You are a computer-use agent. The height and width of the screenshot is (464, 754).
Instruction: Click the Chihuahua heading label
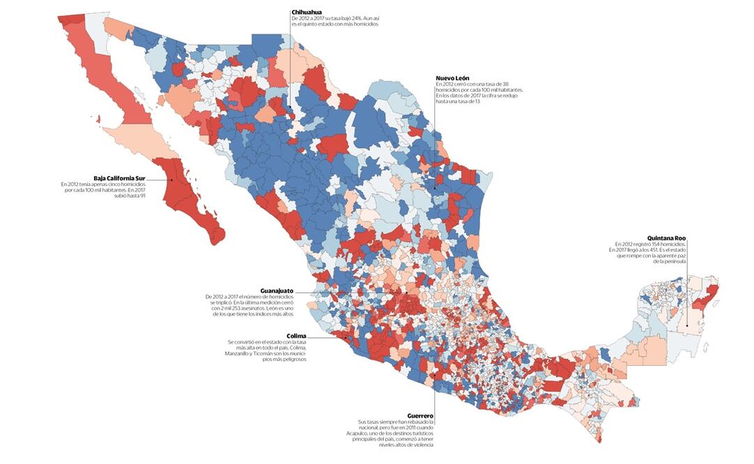tap(307, 12)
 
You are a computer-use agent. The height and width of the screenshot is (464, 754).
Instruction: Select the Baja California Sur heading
tap(119, 178)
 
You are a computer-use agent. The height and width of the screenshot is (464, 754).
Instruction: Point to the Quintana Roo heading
tap(666, 238)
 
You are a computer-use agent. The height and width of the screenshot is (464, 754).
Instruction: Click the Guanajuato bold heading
tap(277, 290)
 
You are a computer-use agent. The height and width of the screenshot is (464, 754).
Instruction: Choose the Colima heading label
tap(296, 335)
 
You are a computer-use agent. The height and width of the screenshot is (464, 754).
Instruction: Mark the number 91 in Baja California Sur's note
tap(142, 196)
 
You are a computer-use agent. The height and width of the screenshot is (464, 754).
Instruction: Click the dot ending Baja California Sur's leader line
tap(171, 180)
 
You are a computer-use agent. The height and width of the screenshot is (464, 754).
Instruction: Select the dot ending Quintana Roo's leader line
tap(686, 325)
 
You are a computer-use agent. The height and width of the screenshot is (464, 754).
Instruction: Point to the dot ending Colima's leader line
tap(343, 337)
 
